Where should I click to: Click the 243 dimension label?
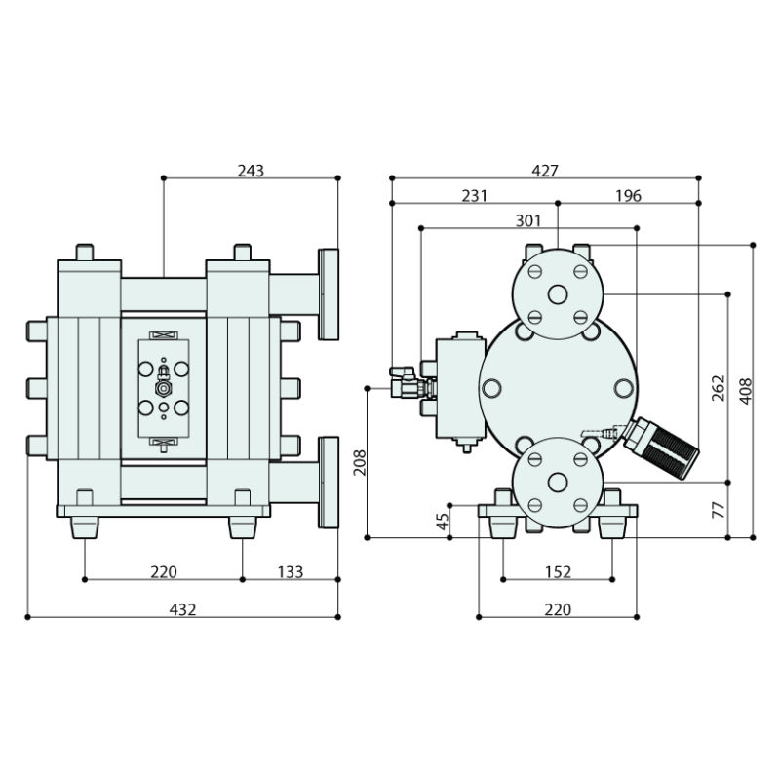(x=251, y=171)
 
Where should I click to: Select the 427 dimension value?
(x=545, y=171)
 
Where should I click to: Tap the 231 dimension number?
(x=474, y=196)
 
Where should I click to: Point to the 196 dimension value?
(x=629, y=196)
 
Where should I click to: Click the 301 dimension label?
(x=527, y=221)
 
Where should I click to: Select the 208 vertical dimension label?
(x=358, y=463)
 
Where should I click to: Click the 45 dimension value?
(x=441, y=522)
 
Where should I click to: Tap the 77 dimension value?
(x=719, y=509)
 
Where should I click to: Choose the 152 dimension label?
(x=557, y=572)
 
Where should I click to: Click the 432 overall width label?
(x=183, y=609)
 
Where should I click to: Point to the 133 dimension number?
(x=291, y=572)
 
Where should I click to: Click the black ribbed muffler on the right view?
(x=664, y=448)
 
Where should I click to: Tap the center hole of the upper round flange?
(x=558, y=293)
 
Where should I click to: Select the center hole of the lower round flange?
(x=558, y=482)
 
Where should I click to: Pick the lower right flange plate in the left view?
(x=328, y=483)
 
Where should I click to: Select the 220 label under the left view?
(x=164, y=572)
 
